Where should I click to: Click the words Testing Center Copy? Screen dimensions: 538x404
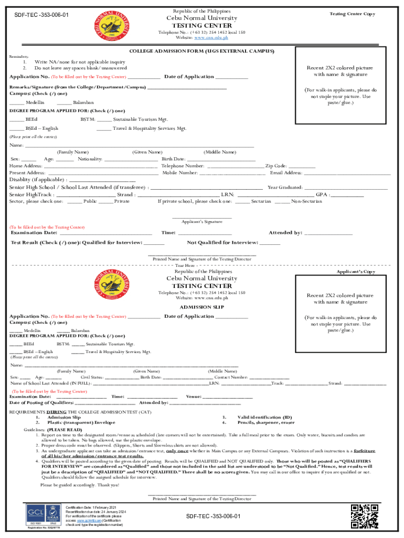pos(352,14)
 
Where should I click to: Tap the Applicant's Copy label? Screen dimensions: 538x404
pos(356,272)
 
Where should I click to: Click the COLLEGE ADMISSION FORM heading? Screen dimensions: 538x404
pos(202,51)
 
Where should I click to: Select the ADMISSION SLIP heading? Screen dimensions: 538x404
pos(202,307)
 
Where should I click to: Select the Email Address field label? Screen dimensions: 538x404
pos(286,172)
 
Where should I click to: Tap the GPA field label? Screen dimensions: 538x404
pos(322,194)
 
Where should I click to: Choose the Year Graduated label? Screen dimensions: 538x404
pos(285,187)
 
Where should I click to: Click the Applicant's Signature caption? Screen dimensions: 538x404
pos(202,222)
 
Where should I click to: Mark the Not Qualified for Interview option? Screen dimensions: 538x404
pos(222,243)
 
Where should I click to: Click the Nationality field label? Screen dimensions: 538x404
pos(90,159)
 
